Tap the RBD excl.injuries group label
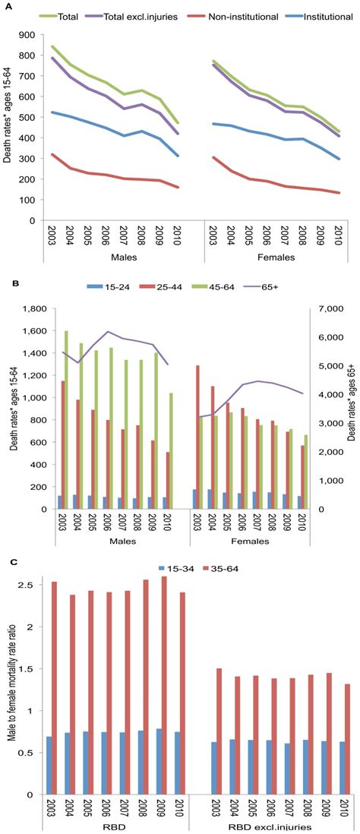[x=270, y=826]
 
